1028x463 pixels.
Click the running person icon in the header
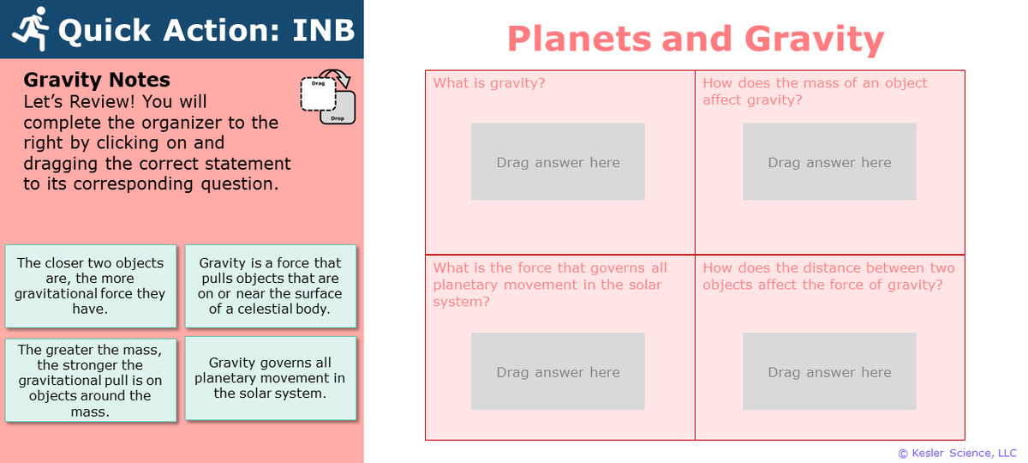click(x=32, y=29)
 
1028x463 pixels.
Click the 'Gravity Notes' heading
click(x=97, y=81)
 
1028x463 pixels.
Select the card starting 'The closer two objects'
click(x=90, y=286)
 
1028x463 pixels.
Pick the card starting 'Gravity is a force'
click(x=270, y=286)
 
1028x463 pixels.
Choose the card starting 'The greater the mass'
click(x=90, y=381)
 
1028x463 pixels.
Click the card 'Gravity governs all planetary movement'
click(x=270, y=378)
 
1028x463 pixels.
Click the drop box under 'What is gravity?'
click(x=558, y=162)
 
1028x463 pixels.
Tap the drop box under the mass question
click(x=829, y=162)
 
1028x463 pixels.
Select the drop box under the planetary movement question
click(x=558, y=371)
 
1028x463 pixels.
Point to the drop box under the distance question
click(x=829, y=371)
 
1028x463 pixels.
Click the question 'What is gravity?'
click(x=489, y=83)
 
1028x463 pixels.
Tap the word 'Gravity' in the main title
click(x=814, y=39)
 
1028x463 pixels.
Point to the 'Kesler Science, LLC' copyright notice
click(x=957, y=453)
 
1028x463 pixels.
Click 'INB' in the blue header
click(x=323, y=30)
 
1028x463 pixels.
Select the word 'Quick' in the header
click(x=107, y=30)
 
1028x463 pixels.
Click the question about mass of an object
click(x=815, y=91)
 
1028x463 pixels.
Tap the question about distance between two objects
click(x=828, y=276)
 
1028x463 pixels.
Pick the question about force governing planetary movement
click(x=550, y=285)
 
